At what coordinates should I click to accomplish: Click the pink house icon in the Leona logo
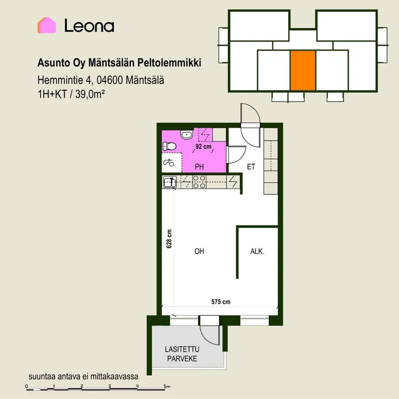pos(47,25)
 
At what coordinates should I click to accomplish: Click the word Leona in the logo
pos(89,26)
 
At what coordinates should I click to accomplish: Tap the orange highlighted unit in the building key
pos(303,71)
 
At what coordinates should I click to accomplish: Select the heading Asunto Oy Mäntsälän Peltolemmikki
pos(119,63)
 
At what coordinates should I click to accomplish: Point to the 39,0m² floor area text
pos(90,94)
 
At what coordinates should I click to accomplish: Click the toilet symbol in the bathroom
pos(169,146)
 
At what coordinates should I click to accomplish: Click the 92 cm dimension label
pos(203,147)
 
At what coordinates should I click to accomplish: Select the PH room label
pos(199,167)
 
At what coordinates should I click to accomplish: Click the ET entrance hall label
pos(251,167)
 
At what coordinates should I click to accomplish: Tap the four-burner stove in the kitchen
pos(199,182)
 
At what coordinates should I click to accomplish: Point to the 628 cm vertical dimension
pos(169,239)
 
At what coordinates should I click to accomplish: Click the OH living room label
pos(199,251)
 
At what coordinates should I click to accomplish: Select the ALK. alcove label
pos(257,251)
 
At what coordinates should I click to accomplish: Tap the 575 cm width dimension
pos(221,302)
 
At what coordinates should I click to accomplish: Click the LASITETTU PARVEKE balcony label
pos(182,354)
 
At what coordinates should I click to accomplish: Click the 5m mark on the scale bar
pos(167,386)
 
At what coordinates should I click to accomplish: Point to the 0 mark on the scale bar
pos(27,386)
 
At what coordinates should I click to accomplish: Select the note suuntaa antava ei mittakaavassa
pos(84,377)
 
